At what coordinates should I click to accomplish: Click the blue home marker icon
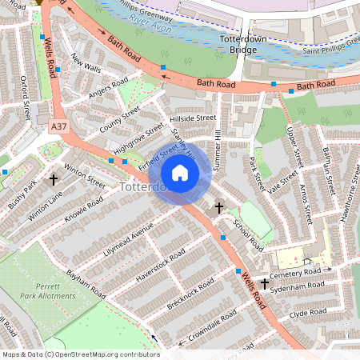tap(180, 173)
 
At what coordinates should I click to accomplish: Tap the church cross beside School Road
tap(218, 208)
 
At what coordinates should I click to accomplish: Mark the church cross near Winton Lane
tap(54, 180)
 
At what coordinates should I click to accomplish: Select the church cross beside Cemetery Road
tap(264, 283)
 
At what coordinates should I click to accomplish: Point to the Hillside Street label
tap(193, 118)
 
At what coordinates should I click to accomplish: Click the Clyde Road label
tap(310, 313)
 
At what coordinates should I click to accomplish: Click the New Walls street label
tap(86, 63)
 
